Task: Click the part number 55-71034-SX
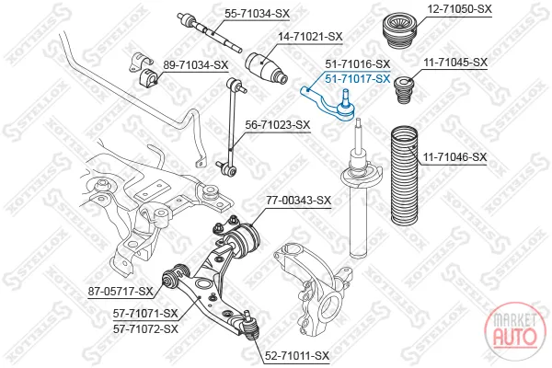[x=258, y=14]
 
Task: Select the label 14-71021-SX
[x=310, y=36]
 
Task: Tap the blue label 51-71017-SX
[x=358, y=78]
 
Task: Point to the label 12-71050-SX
[x=459, y=9]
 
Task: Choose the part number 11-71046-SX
[x=455, y=156]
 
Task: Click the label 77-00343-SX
[x=298, y=201]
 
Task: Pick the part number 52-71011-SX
[x=297, y=356]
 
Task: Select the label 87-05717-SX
[x=121, y=292]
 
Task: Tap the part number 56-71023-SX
[x=278, y=125]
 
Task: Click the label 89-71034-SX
[x=196, y=64]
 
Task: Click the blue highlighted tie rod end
[x=328, y=103]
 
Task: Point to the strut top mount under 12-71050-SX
[x=399, y=31]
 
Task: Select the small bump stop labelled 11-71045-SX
[x=405, y=90]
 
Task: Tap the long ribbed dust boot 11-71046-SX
[x=405, y=176]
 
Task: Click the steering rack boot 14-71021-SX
[x=266, y=69]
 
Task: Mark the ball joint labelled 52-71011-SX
[x=250, y=326]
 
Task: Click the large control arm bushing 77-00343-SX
[x=244, y=239]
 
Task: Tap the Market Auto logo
[x=514, y=330]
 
